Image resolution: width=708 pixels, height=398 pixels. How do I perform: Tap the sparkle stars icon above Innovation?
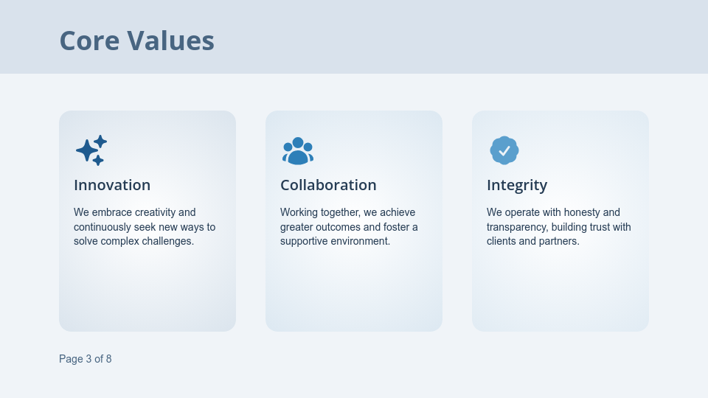91,150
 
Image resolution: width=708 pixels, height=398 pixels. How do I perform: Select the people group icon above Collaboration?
298,150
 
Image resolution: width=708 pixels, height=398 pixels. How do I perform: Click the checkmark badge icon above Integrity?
504,150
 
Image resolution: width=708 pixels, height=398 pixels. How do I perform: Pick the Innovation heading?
112,185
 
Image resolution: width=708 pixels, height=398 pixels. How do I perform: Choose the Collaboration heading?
328,185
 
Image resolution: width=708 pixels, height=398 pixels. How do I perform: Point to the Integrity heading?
517,185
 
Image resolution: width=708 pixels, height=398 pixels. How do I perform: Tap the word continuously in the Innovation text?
103,227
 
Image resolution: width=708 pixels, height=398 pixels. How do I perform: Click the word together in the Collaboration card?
340,212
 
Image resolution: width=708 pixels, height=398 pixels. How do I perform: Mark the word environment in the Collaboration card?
358,241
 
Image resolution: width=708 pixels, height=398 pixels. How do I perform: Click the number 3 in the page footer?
88,359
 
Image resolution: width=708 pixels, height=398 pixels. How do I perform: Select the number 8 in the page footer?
108,359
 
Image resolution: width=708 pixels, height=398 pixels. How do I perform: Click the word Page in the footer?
71,359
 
